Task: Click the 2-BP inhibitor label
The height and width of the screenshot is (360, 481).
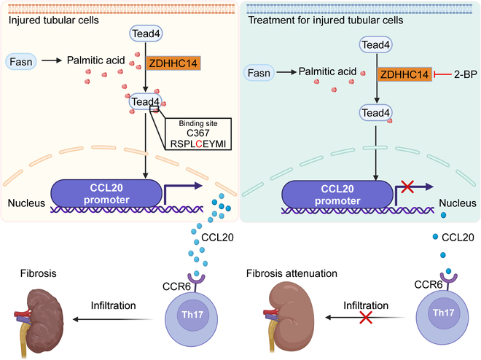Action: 466,74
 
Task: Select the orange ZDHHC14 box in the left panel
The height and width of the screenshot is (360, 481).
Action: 173,63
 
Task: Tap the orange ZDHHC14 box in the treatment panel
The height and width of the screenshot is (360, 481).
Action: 404,74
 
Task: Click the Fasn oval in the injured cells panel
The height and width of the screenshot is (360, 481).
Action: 21,62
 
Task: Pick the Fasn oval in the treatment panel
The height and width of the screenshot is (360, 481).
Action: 259,73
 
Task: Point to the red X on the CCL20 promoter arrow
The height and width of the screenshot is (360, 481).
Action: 407,187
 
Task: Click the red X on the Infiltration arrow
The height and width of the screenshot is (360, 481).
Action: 366,318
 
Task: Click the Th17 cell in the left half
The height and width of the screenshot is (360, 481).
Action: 192,319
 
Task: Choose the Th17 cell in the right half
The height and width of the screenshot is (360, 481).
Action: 442,318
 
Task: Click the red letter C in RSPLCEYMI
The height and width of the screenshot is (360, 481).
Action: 199,144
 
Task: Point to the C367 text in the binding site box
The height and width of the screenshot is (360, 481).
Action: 198,133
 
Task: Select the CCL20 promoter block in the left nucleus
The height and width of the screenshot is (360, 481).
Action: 106,194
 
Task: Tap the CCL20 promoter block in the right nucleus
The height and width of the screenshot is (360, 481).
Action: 337,195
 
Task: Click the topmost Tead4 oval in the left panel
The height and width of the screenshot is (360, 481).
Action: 146,34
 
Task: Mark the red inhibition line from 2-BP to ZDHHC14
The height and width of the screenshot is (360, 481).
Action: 442,74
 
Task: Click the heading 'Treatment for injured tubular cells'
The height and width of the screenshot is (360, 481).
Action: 326,20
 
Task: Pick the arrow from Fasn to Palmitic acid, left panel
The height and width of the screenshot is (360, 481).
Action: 52,60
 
